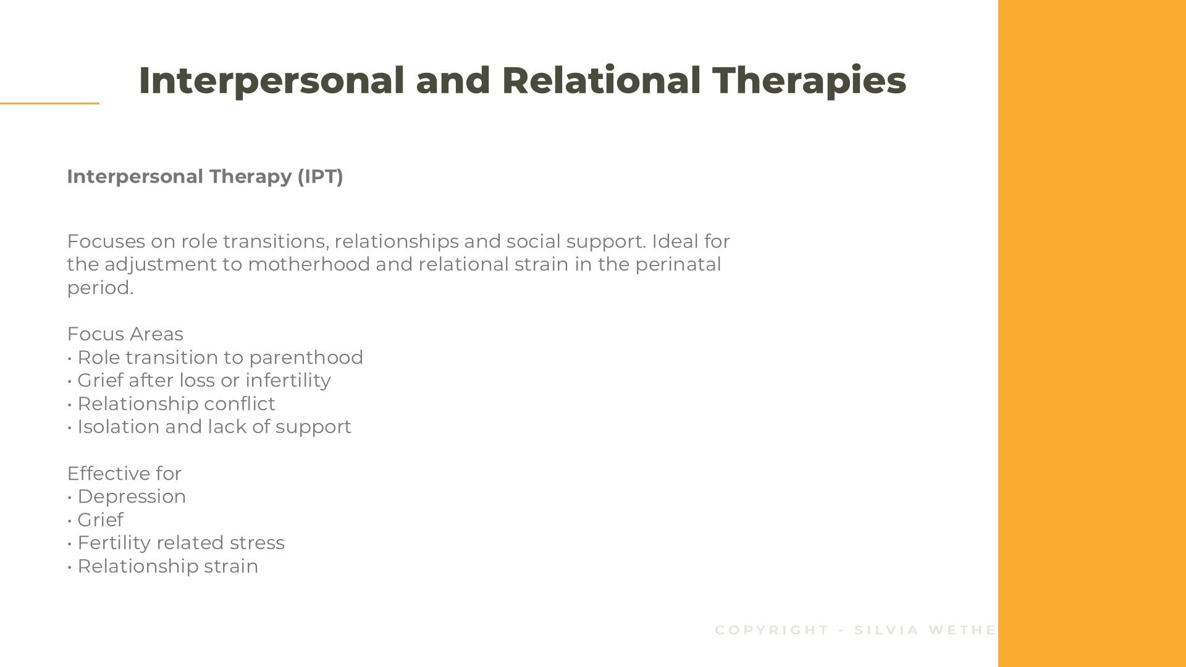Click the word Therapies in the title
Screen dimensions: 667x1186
pyautogui.click(x=809, y=81)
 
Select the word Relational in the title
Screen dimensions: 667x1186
pyautogui.click(x=601, y=81)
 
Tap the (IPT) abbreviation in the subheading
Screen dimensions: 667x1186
pyautogui.click(x=320, y=177)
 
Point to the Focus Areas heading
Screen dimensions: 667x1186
pyautogui.click(x=125, y=334)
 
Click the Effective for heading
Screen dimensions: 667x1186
pyautogui.click(x=124, y=474)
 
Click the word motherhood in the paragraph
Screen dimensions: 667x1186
pyautogui.click(x=309, y=264)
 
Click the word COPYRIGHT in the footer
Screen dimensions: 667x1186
pyautogui.click(x=772, y=630)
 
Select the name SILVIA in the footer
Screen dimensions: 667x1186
pyautogui.click(x=887, y=630)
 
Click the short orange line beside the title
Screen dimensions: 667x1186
pyautogui.click(x=49, y=103)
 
